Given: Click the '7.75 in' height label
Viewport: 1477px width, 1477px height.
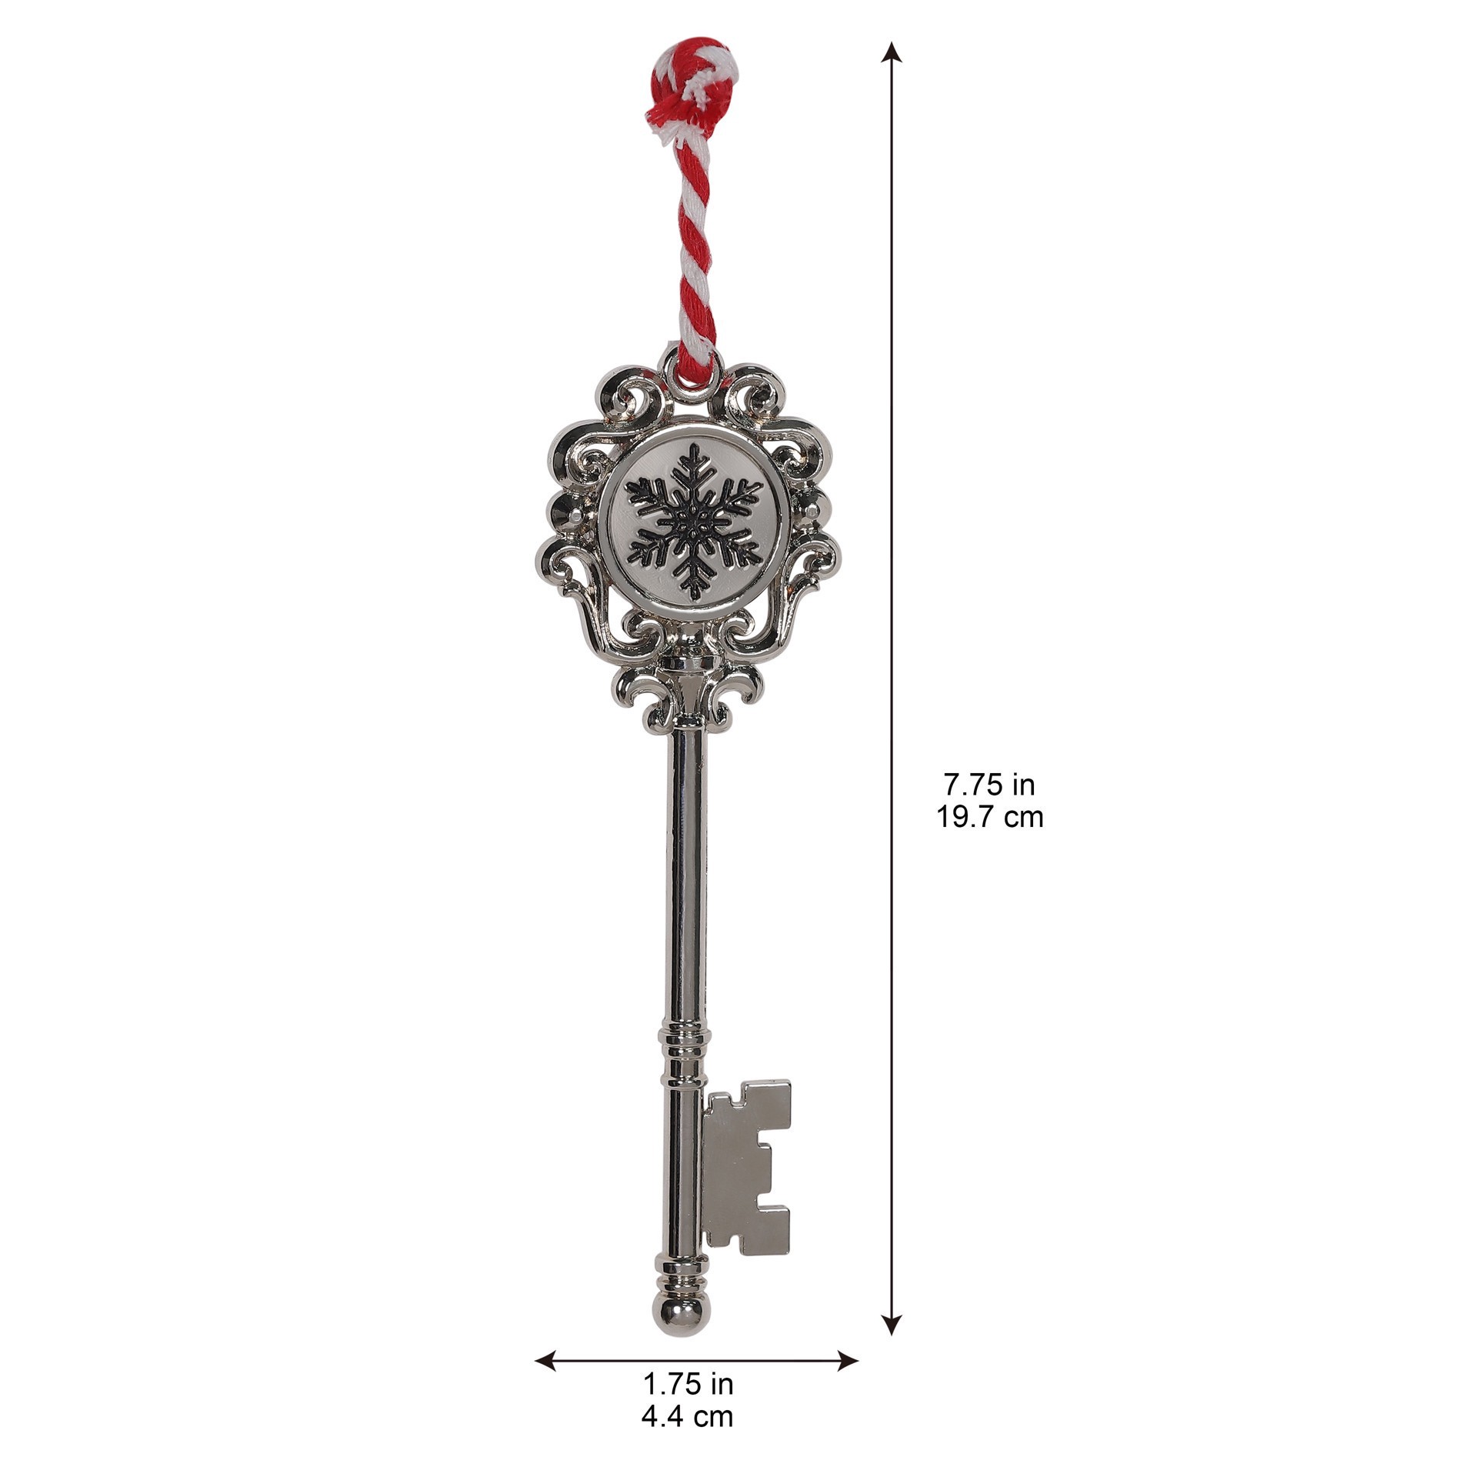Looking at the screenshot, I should coord(989,785).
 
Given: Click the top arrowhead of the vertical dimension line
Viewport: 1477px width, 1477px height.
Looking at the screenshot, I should coord(892,50).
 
